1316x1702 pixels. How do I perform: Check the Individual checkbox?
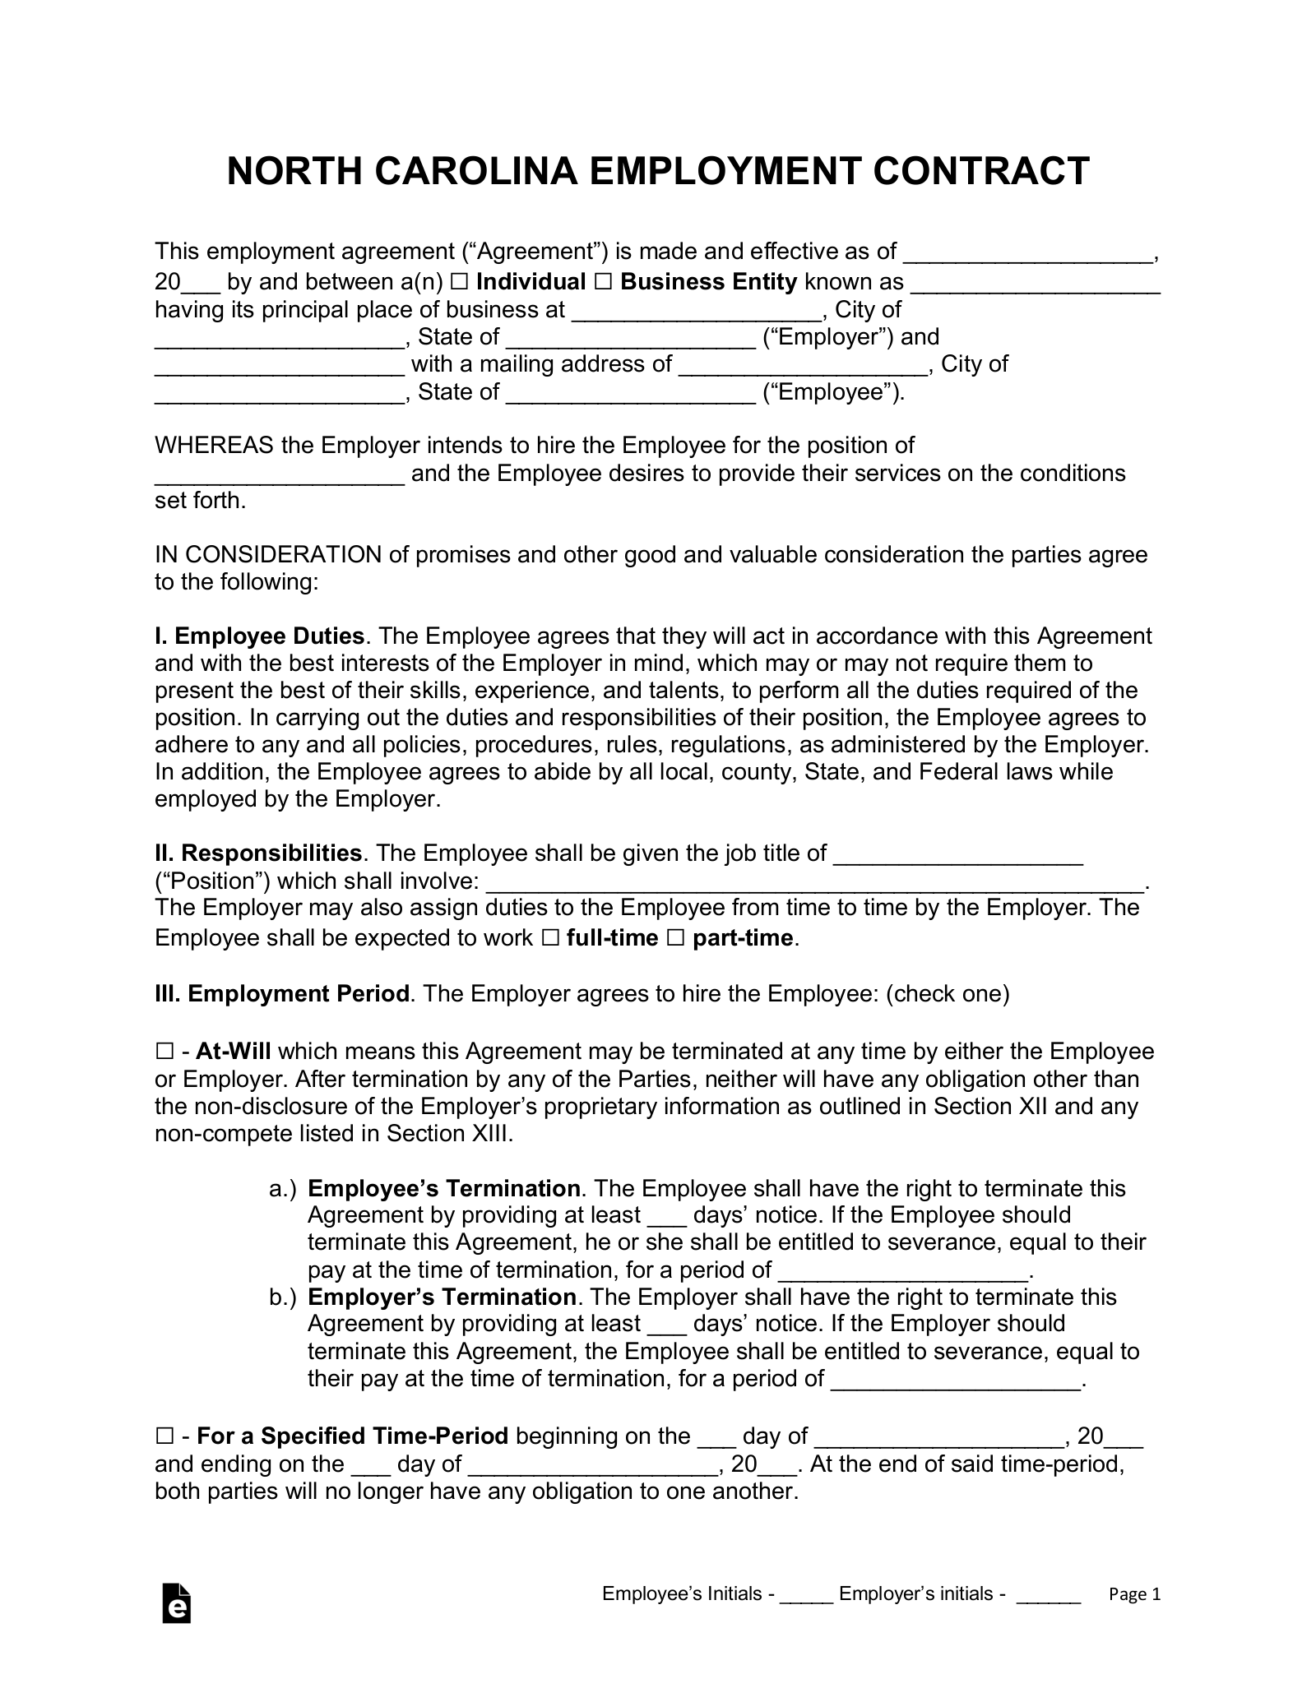pos(459,282)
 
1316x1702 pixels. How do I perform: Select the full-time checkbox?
pos(550,938)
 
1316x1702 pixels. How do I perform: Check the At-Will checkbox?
pos(164,1052)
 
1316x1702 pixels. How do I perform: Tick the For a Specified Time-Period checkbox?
pos(164,1436)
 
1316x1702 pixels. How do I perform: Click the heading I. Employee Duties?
pos(260,636)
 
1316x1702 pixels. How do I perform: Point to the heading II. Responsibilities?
pos(258,853)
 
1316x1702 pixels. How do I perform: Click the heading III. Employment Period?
pos(282,994)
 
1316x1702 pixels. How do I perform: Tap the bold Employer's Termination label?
pos(442,1297)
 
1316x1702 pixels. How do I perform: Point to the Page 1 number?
pos(1134,1595)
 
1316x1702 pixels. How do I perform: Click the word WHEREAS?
pos(214,446)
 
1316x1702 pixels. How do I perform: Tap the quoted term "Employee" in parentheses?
pos(833,392)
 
